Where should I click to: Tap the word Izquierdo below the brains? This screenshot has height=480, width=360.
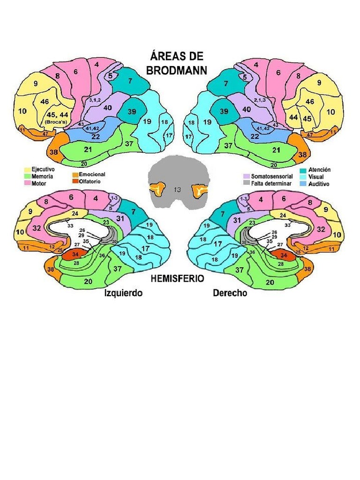123,293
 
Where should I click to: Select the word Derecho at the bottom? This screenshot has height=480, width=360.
230,293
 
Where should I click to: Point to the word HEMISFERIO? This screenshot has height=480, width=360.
177,278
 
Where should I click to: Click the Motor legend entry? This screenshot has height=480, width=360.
39,183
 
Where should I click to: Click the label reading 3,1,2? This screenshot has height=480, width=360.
95,100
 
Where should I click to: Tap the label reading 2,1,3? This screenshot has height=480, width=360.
259,100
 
